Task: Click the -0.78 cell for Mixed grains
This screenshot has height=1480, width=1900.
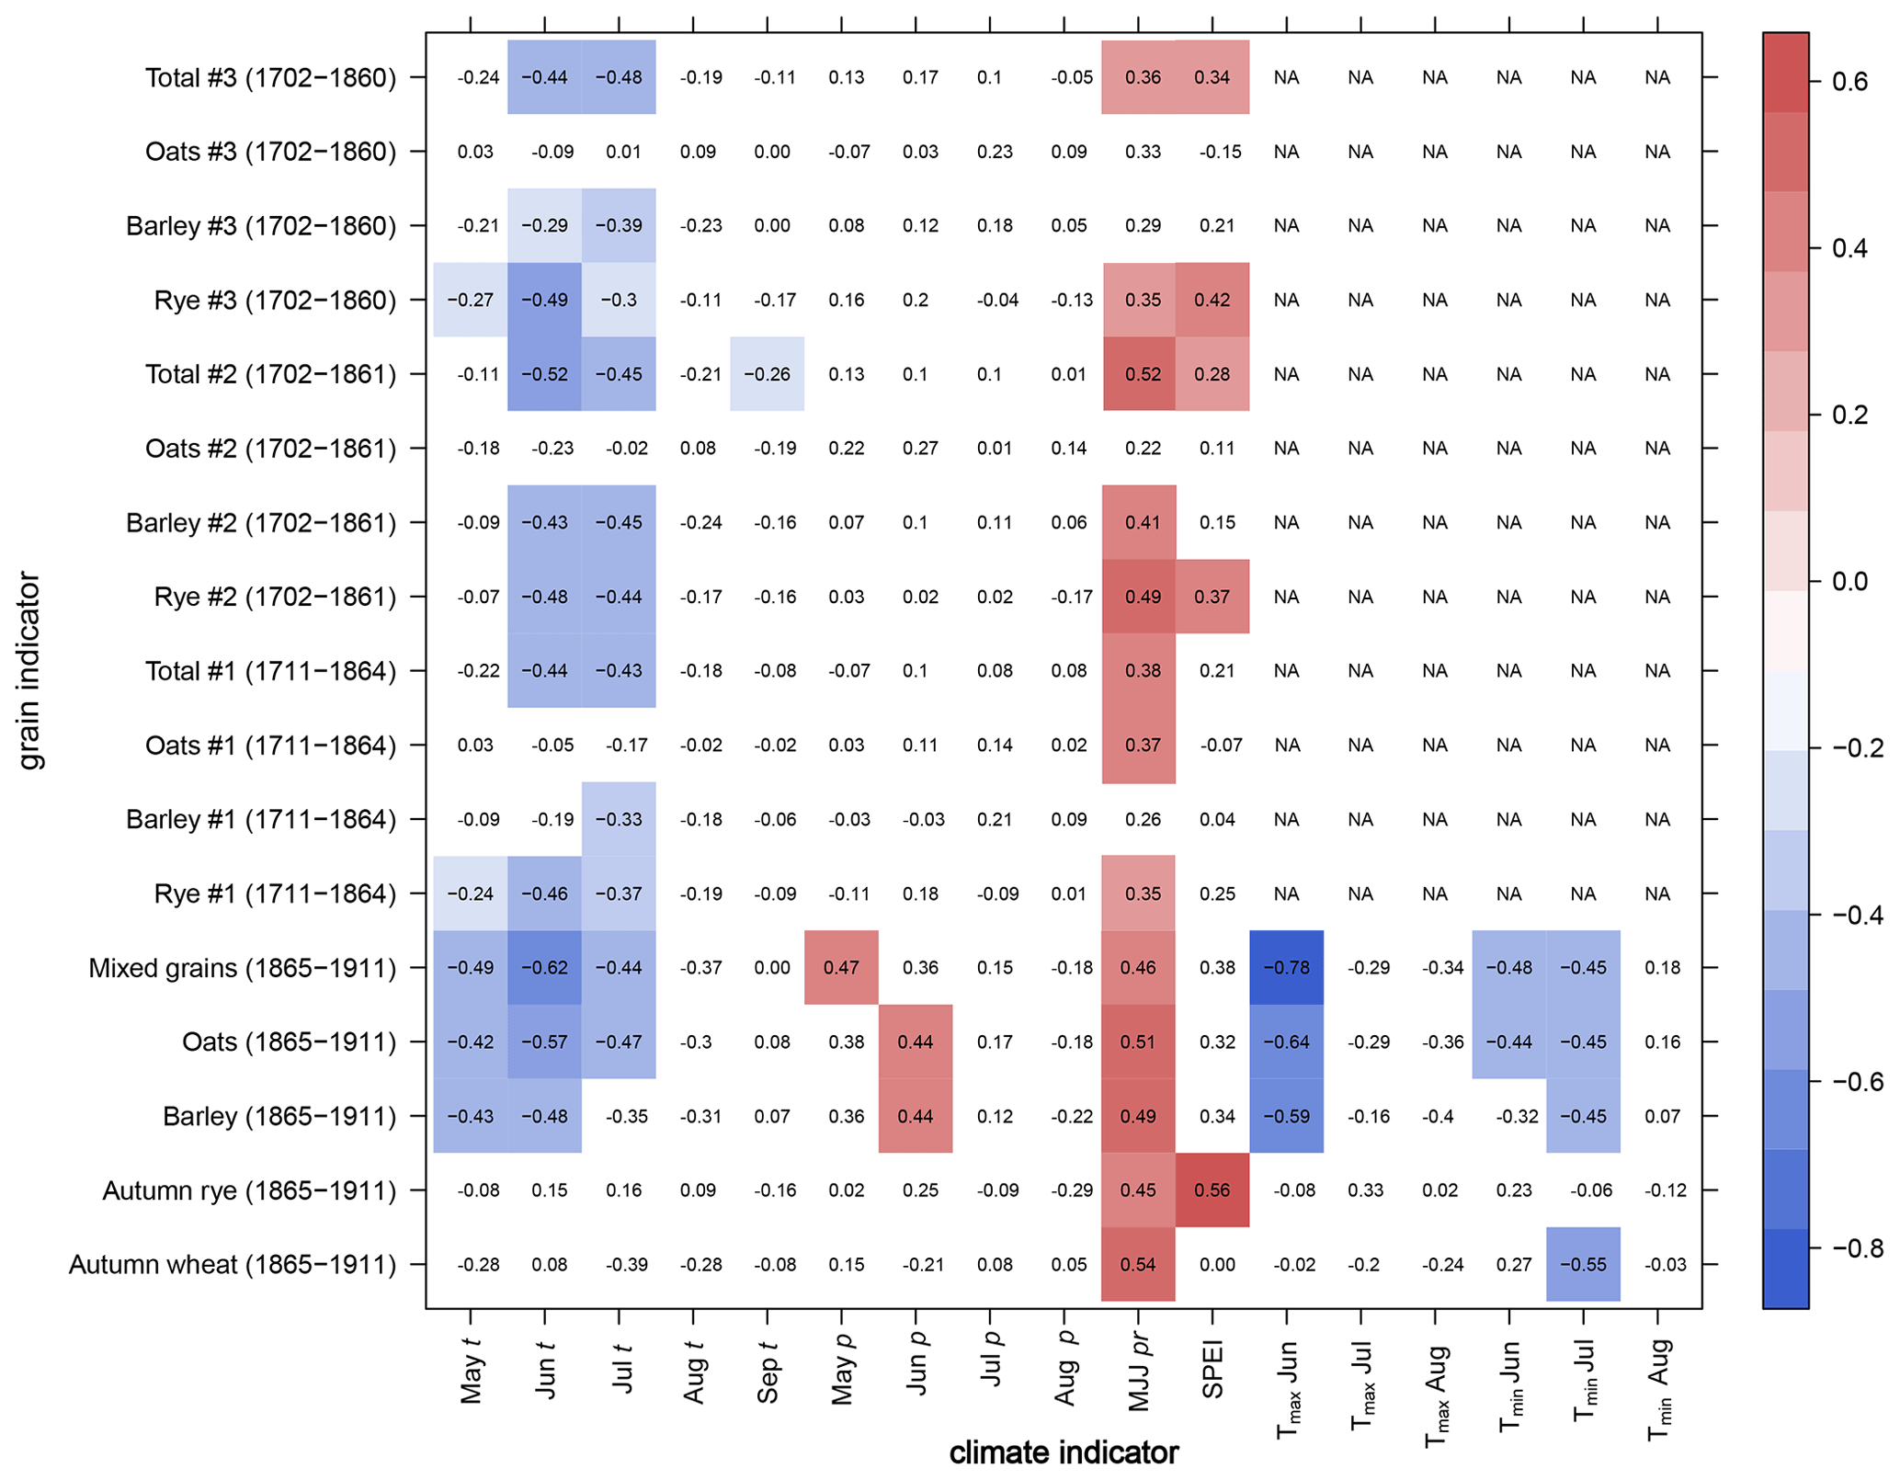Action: [1286, 968]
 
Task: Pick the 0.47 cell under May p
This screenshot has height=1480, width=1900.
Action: [841, 968]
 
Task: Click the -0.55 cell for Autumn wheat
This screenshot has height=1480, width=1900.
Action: [1583, 1265]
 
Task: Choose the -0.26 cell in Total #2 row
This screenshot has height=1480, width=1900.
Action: [767, 374]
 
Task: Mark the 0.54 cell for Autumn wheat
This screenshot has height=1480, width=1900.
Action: [1138, 1265]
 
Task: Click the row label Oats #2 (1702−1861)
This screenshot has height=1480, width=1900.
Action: [270, 449]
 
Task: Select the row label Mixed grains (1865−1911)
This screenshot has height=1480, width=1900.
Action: [242, 968]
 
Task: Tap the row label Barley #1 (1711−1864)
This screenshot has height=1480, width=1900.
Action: [260, 819]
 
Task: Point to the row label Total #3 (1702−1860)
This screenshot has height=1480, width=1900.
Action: [270, 77]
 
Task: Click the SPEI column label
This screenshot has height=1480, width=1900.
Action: [1212, 1370]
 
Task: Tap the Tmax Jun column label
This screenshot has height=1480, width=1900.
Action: [1288, 1388]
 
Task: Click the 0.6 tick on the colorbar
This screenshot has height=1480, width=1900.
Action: [1849, 82]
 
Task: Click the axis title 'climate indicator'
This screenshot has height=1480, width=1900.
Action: [1064, 1453]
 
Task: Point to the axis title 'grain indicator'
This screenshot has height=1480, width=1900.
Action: [29, 670]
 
